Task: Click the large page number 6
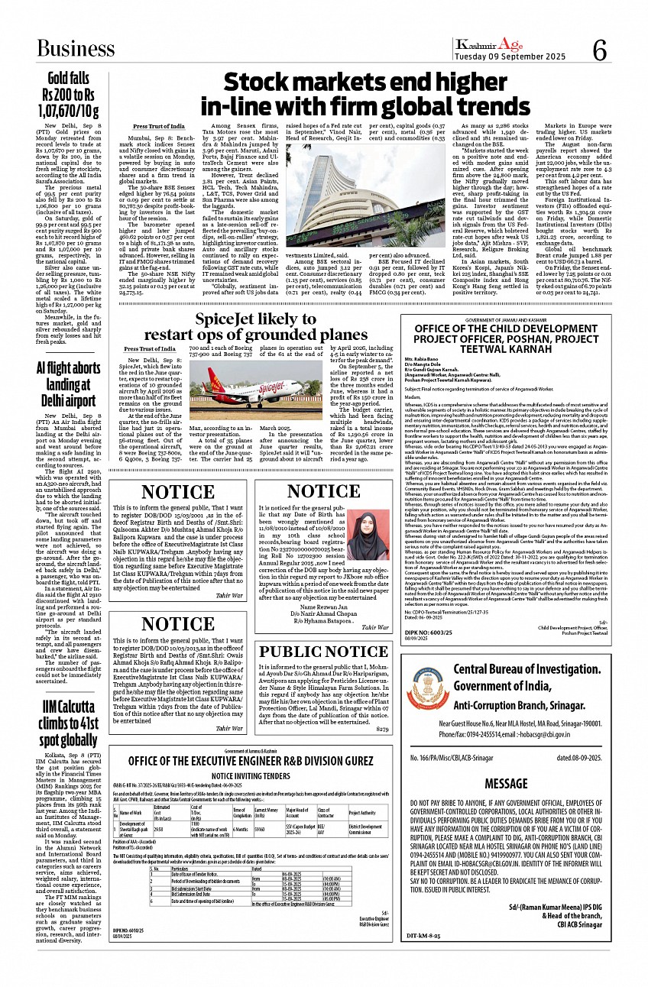click(x=598, y=51)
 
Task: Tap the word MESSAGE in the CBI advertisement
click(x=505, y=784)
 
